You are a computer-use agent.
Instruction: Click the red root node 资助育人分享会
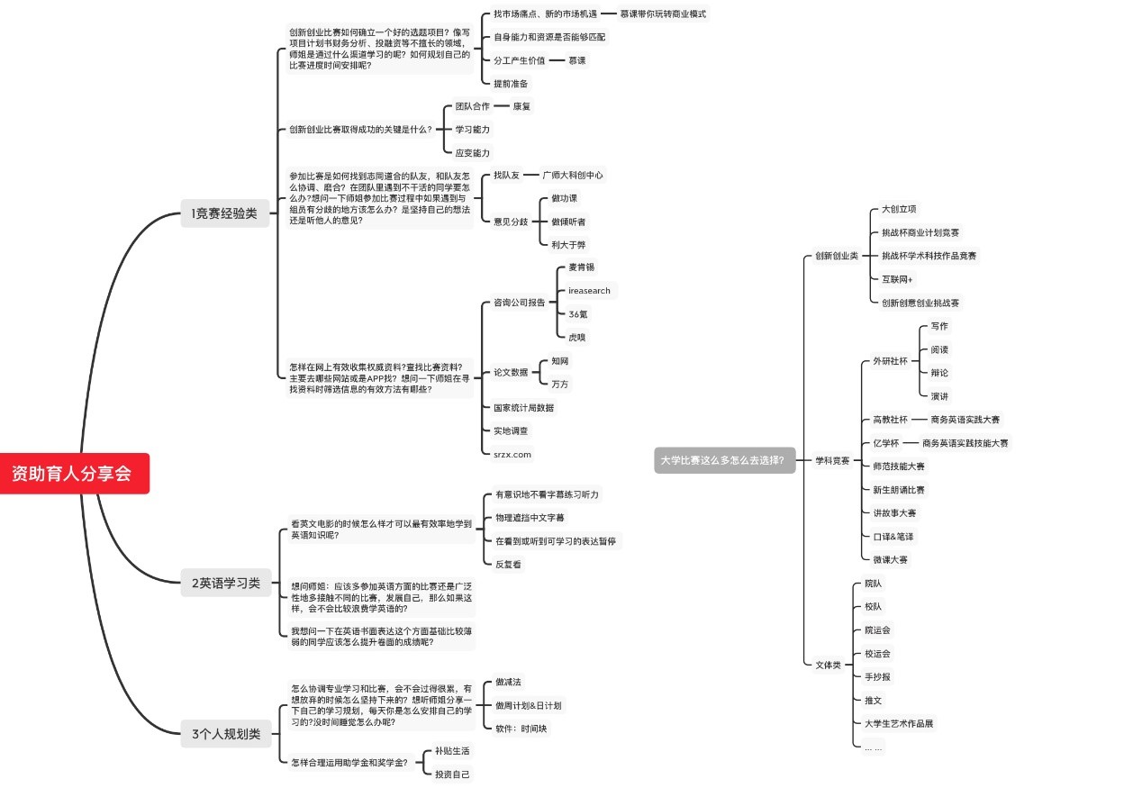(73, 473)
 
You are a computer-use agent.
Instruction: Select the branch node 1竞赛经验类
(224, 213)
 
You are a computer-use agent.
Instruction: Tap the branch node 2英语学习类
(225, 583)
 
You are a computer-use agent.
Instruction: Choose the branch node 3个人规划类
(225, 734)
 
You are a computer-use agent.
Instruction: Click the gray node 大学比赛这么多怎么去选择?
(724, 460)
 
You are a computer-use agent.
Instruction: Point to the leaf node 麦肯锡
(581, 267)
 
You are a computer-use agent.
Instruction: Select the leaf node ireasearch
(589, 291)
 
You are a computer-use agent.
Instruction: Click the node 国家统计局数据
(523, 408)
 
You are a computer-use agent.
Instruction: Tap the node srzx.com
(512, 454)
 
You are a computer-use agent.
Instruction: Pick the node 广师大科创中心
(573, 175)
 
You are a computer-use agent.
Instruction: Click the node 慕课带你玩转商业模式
(663, 14)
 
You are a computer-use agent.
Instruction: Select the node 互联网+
(897, 279)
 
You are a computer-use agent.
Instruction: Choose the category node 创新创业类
(837, 256)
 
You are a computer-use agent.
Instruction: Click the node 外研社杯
(890, 361)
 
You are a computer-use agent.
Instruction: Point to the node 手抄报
(877, 676)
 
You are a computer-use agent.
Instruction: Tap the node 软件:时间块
(521, 729)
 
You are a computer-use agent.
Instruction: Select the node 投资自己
(452, 774)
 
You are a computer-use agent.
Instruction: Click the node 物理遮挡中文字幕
(530, 518)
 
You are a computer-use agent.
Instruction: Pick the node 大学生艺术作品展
(899, 723)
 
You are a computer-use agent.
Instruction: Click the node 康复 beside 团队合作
(521, 106)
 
